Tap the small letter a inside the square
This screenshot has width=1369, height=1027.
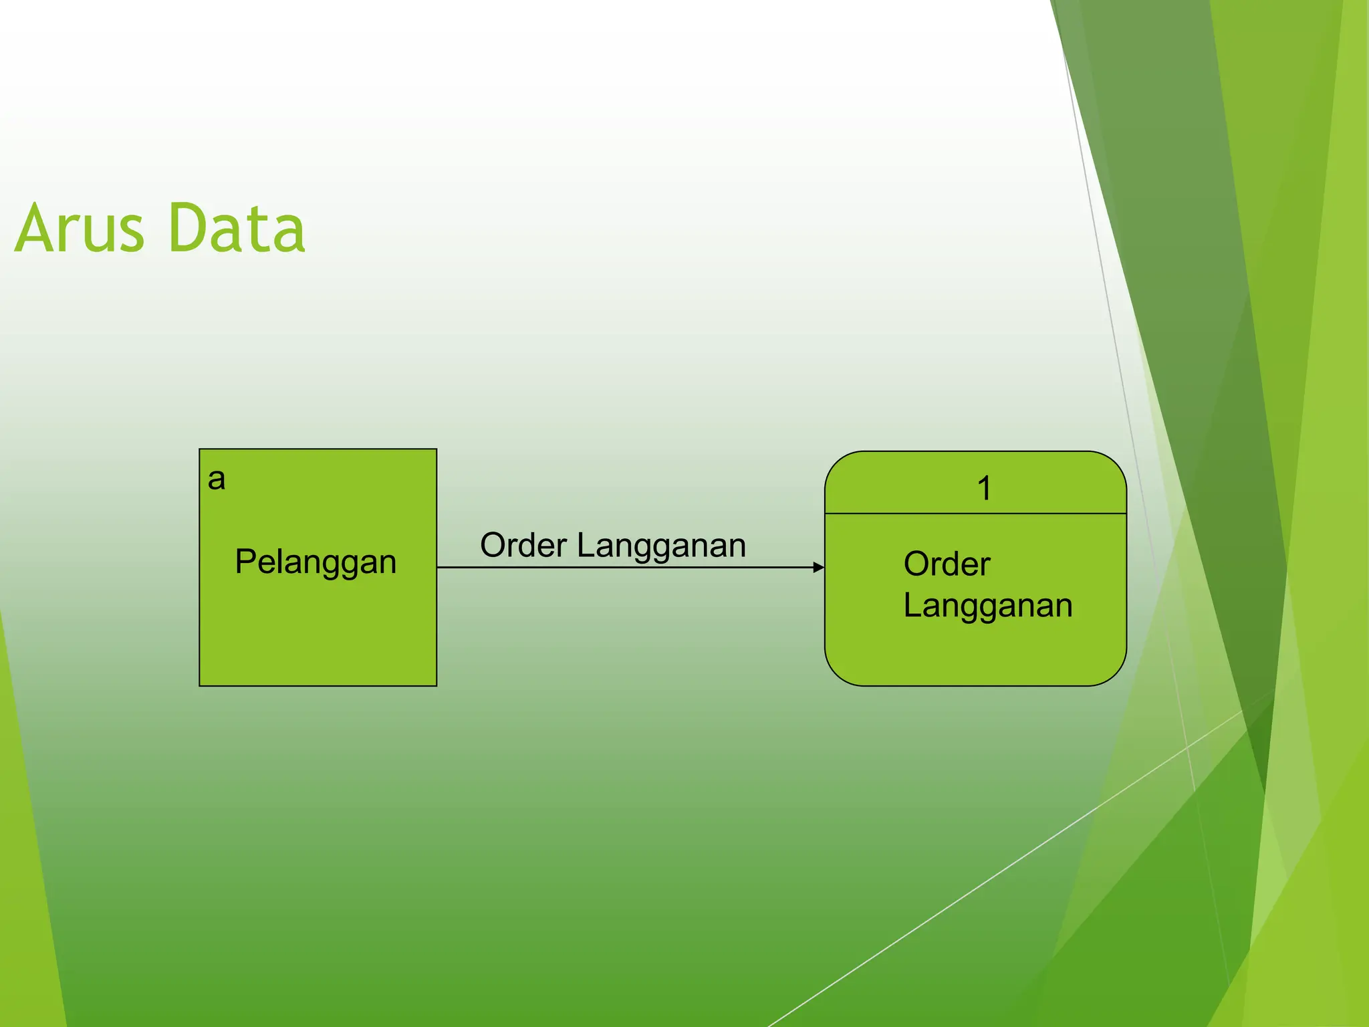[216, 479]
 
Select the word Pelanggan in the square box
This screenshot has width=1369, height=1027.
[316, 562]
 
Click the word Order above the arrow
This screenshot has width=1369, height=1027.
[523, 545]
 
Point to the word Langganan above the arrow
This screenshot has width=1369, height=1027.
[661, 546]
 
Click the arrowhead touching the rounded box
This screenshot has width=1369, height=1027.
[819, 567]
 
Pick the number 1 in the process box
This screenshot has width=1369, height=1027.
[983, 488]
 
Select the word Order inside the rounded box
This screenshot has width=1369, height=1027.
[947, 564]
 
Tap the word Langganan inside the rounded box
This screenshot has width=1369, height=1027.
[987, 606]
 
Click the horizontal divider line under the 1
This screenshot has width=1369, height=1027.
[975, 513]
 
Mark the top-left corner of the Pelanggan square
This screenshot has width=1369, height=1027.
[200, 449]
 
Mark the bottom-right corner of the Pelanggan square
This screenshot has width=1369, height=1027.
[437, 685]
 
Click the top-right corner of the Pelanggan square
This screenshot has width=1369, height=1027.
[437, 449]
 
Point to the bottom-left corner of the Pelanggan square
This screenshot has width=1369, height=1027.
[200, 685]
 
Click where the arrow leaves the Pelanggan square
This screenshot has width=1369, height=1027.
[438, 567]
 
